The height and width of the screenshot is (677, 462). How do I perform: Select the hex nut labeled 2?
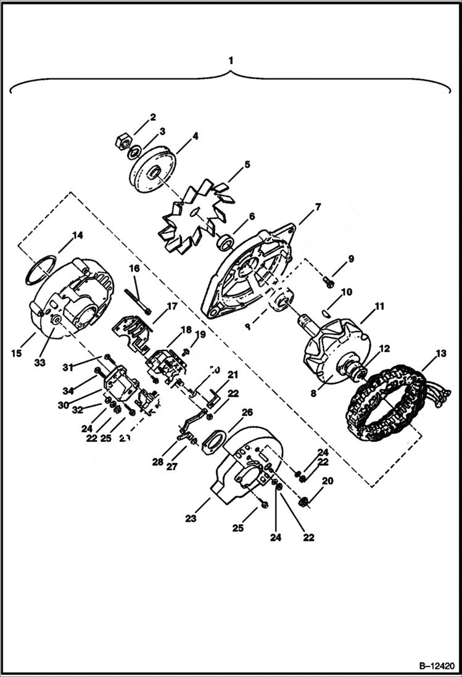(122, 141)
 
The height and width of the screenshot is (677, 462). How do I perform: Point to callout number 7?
(318, 207)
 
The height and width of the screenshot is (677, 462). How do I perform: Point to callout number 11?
(379, 305)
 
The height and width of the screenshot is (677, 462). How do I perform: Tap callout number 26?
(247, 412)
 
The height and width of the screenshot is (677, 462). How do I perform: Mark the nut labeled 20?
(303, 502)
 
